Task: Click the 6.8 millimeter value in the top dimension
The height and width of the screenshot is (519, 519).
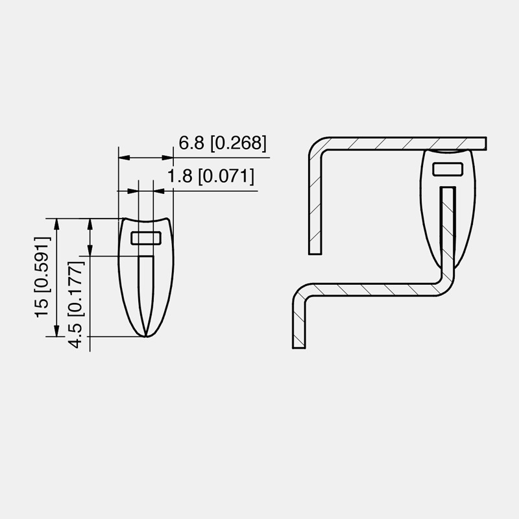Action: coord(192,144)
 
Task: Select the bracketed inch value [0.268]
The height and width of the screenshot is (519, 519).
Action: coord(238,144)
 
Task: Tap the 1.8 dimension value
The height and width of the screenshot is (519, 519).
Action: coord(180,176)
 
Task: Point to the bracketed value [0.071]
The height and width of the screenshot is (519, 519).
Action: coord(225,176)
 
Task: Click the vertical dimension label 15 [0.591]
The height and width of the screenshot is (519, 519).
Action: coord(43,277)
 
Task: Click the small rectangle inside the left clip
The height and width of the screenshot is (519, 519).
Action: coord(146,237)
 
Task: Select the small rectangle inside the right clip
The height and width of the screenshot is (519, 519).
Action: coord(448,169)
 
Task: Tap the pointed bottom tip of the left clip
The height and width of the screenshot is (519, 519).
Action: coord(147,336)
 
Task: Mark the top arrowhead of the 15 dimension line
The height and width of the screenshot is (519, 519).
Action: coord(57,224)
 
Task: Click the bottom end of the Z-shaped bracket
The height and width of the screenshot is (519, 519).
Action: coord(298,345)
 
